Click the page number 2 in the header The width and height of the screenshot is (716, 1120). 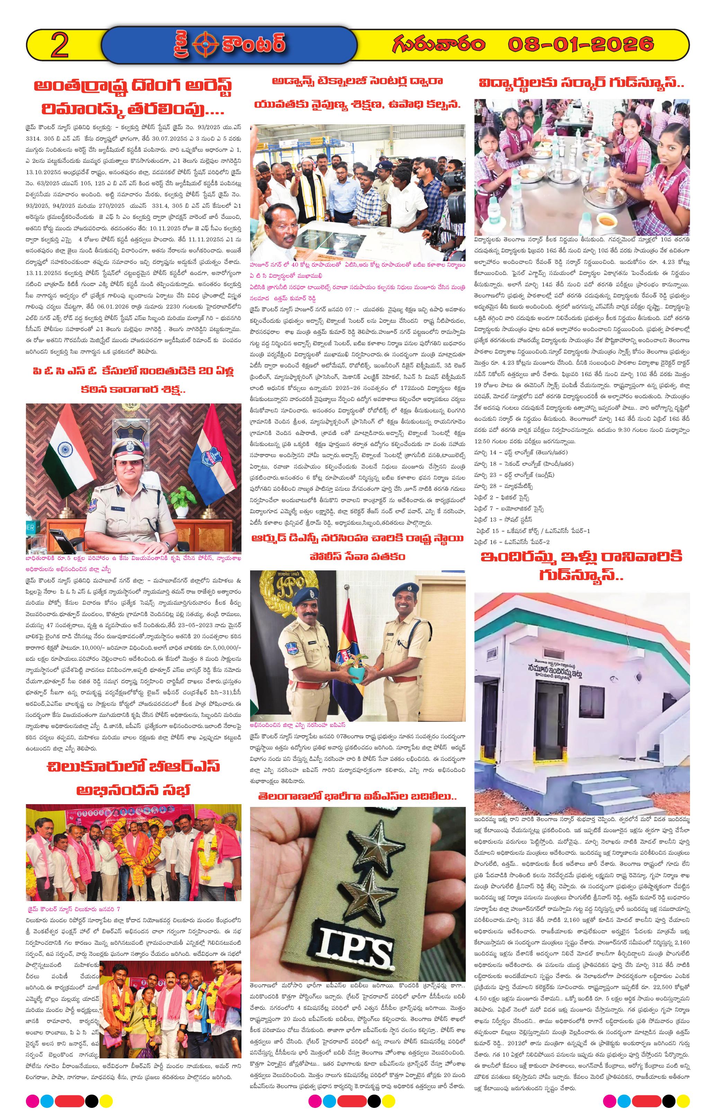click(59, 46)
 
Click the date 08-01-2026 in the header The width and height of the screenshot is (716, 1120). click(581, 45)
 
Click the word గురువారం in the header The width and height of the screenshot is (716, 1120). click(438, 45)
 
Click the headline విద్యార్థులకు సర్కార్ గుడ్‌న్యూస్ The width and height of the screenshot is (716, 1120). click(582, 84)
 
